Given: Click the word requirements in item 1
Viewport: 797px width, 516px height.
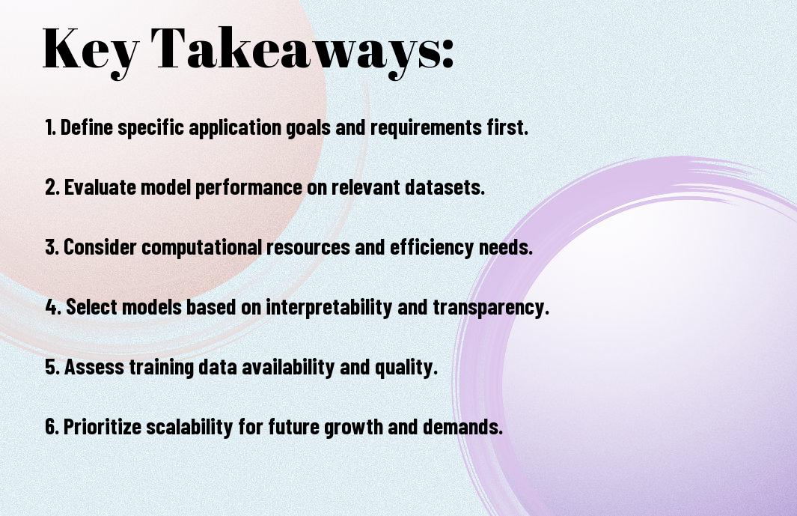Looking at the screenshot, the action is tap(425, 127).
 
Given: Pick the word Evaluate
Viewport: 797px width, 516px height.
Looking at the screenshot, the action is tap(100, 186).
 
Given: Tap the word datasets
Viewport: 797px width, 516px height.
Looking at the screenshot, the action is tap(445, 186).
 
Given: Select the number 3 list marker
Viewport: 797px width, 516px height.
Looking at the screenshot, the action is tap(52, 247).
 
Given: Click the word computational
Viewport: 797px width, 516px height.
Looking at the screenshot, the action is tap(202, 247).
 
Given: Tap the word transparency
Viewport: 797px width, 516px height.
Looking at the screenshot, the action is tap(490, 307).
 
